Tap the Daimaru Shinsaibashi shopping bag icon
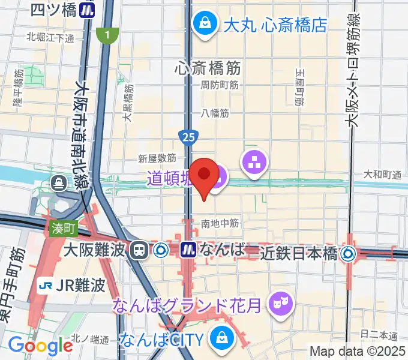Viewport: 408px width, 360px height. click(205, 25)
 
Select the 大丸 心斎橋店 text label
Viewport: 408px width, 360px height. click(275, 25)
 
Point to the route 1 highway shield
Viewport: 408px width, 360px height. click(107, 35)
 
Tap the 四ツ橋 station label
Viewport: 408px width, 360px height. click(53, 10)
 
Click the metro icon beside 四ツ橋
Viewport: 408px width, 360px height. click(89, 10)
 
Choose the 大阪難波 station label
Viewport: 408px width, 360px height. click(95, 249)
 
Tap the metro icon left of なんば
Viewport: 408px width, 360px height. click(190, 249)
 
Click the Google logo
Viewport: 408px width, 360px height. click(41, 346)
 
